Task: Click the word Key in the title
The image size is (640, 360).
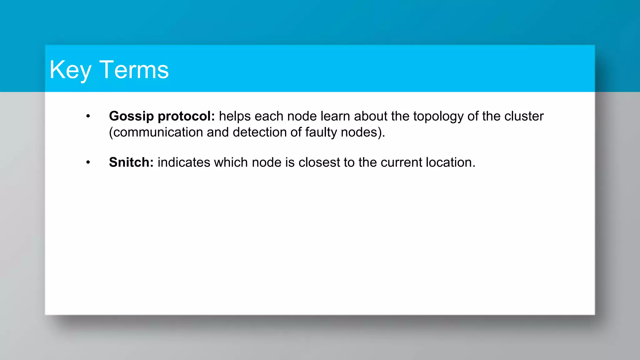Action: click(70, 70)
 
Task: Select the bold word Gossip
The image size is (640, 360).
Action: click(131, 116)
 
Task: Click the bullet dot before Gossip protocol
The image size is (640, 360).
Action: click(88, 116)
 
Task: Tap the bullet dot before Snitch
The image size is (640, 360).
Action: click(88, 162)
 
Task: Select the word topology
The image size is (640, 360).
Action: click(438, 116)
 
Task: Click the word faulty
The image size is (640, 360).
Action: click(321, 132)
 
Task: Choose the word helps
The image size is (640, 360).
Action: click(235, 116)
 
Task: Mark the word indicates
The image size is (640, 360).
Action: click(184, 162)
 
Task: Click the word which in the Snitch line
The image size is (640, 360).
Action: click(231, 162)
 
